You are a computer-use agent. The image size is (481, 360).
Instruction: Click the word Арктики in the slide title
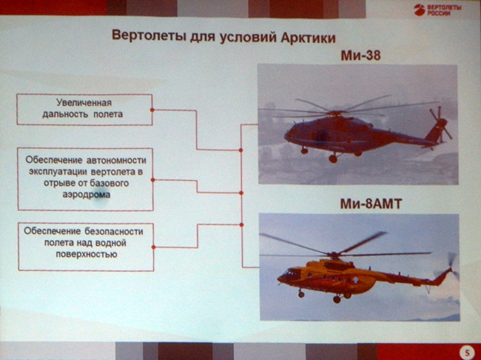pyautogui.click(x=308, y=38)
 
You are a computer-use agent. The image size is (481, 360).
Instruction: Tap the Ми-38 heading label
pyautogui.click(x=361, y=56)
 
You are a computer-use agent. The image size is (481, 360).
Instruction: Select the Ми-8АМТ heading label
pyautogui.click(x=371, y=204)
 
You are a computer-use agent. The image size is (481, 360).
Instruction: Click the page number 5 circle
pyautogui.click(x=467, y=353)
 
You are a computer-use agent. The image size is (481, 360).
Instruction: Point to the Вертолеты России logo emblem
pyautogui.click(x=418, y=10)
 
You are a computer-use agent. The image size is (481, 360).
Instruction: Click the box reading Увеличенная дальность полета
pyautogui.click(x=84, y=110)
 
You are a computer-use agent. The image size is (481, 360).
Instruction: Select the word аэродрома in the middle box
pyautogui.click(x=87, y=195)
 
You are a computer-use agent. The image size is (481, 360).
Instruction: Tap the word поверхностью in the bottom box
pyautogui.click(x=87, y=255)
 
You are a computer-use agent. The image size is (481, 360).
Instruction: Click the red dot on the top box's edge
pyautogui.click(x=152, y=110)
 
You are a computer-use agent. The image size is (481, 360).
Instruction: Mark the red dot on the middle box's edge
pyautogui.click(x=152, y=180)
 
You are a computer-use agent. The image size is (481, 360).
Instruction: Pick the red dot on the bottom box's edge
pyautogui.click(x=153, y=247)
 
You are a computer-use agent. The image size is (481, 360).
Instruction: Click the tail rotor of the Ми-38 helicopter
pyautogui.click(x=440, y=124)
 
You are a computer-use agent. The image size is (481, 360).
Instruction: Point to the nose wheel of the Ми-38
pyautogui.click(x=304, y=150)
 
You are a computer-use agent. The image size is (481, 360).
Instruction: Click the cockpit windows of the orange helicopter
pyautogui.click(x=290, y=273)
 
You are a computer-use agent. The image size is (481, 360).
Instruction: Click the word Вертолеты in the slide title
pyautogui.click(x=149, y=36)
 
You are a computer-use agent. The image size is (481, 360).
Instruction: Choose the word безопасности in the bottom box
pyautogui.click(x=114, y=231)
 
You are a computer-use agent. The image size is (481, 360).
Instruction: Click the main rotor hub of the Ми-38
pyautogui.click(x=337, y=113)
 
